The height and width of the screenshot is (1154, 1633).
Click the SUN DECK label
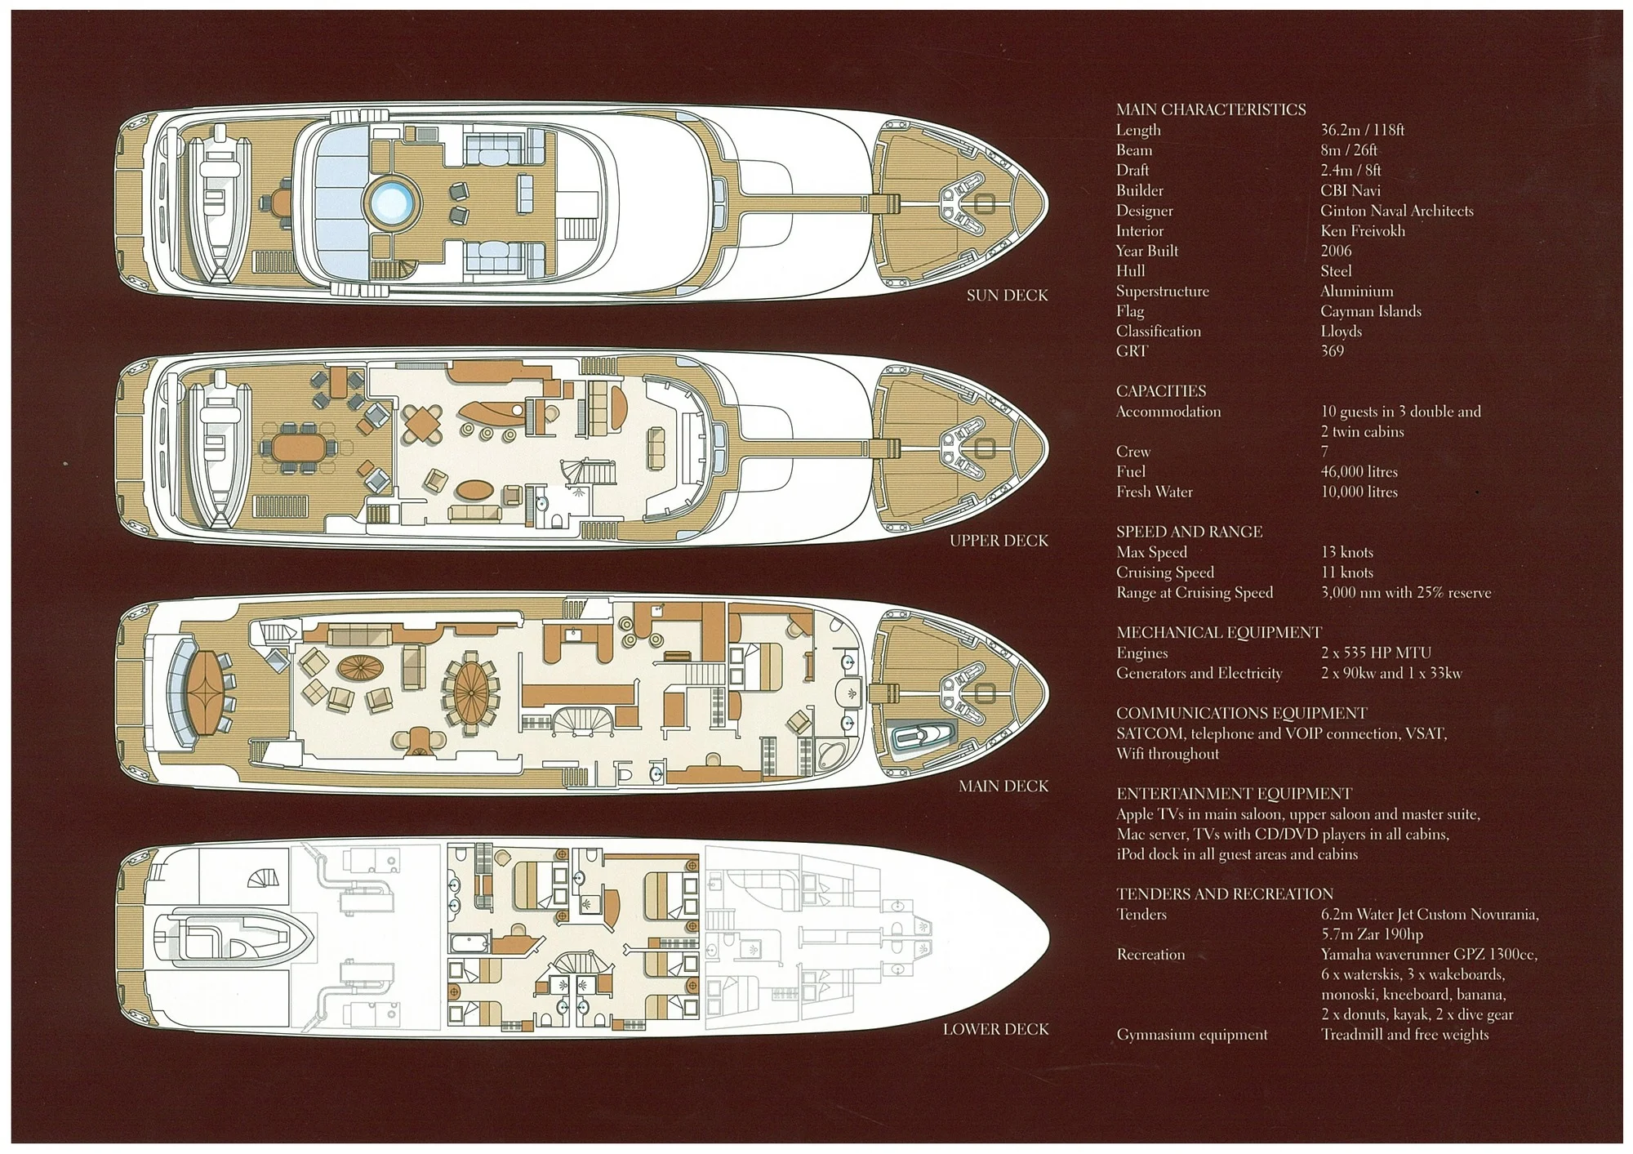coord(1007,296)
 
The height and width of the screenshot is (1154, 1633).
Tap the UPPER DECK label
coord(998,541)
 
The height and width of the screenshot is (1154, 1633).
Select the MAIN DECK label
coord(1003,786)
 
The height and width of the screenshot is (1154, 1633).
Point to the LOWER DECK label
coord(995,1029)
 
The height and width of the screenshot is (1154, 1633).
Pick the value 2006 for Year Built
coord(1336,251)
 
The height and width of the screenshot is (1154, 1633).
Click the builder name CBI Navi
coord(1350,190)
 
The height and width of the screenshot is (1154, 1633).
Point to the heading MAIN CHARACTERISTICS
coord(1211,109)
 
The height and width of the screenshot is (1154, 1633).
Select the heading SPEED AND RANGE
coord(1189,532)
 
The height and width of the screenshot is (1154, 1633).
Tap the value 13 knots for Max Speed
coord(1347,552)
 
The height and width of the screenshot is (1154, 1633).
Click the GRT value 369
coord(1332,351)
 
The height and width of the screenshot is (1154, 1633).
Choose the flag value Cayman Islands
coord(1370,311)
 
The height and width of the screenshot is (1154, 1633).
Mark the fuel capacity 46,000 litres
coord(1359,472)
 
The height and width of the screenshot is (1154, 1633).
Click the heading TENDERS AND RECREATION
coord(1225,894)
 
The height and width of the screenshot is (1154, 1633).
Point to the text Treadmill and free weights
coord(1404,1035)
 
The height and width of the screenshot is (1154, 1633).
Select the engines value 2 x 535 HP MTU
coord(1376,653)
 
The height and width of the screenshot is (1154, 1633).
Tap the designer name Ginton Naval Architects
coord(1396,211)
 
